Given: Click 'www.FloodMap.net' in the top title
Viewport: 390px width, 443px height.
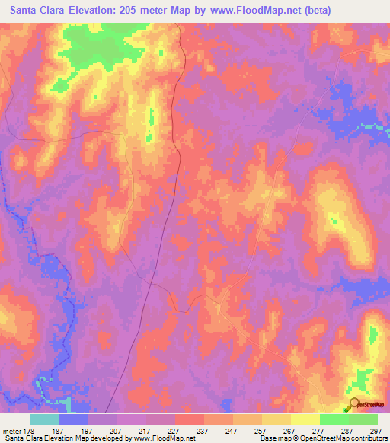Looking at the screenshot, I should point(268,11).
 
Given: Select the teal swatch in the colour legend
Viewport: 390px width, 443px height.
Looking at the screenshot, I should point(45,419).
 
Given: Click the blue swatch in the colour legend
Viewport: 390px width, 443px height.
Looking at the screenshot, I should point(74,419).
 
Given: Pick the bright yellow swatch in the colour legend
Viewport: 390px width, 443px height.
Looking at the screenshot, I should point(305,419).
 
